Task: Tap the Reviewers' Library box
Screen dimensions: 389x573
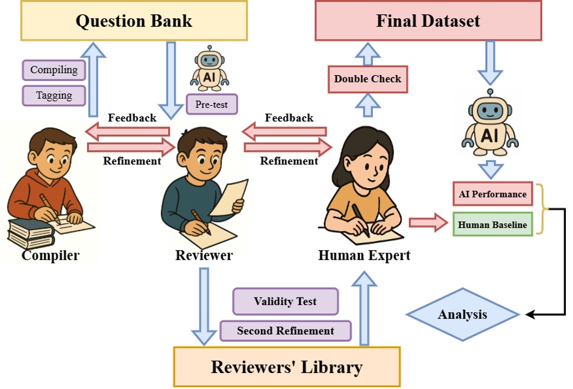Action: click(286, 367)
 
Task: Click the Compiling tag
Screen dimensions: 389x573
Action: click(54, 70)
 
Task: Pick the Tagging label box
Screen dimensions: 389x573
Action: click(54, 96)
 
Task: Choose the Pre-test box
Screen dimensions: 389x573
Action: click(211, 105)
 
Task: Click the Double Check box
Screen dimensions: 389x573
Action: click(368, 79)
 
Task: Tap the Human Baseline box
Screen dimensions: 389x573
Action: click(492, 224)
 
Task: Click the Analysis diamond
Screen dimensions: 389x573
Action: click(462, 315)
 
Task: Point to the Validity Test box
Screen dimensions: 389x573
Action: click(285, 302)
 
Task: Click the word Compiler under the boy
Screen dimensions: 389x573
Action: click(50, 255)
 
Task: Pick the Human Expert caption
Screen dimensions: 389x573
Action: click(364, 255)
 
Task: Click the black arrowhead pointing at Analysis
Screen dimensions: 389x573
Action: click(530, 314)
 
